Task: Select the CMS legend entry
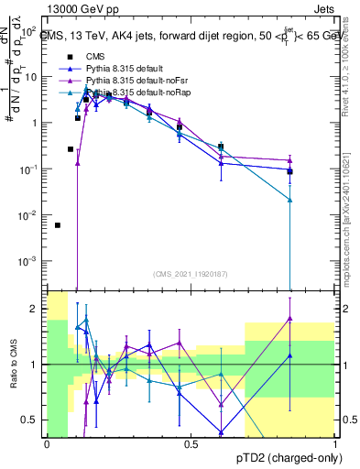95,56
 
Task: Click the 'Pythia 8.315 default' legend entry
128,68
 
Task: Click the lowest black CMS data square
58,225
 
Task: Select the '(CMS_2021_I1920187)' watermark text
191,273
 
